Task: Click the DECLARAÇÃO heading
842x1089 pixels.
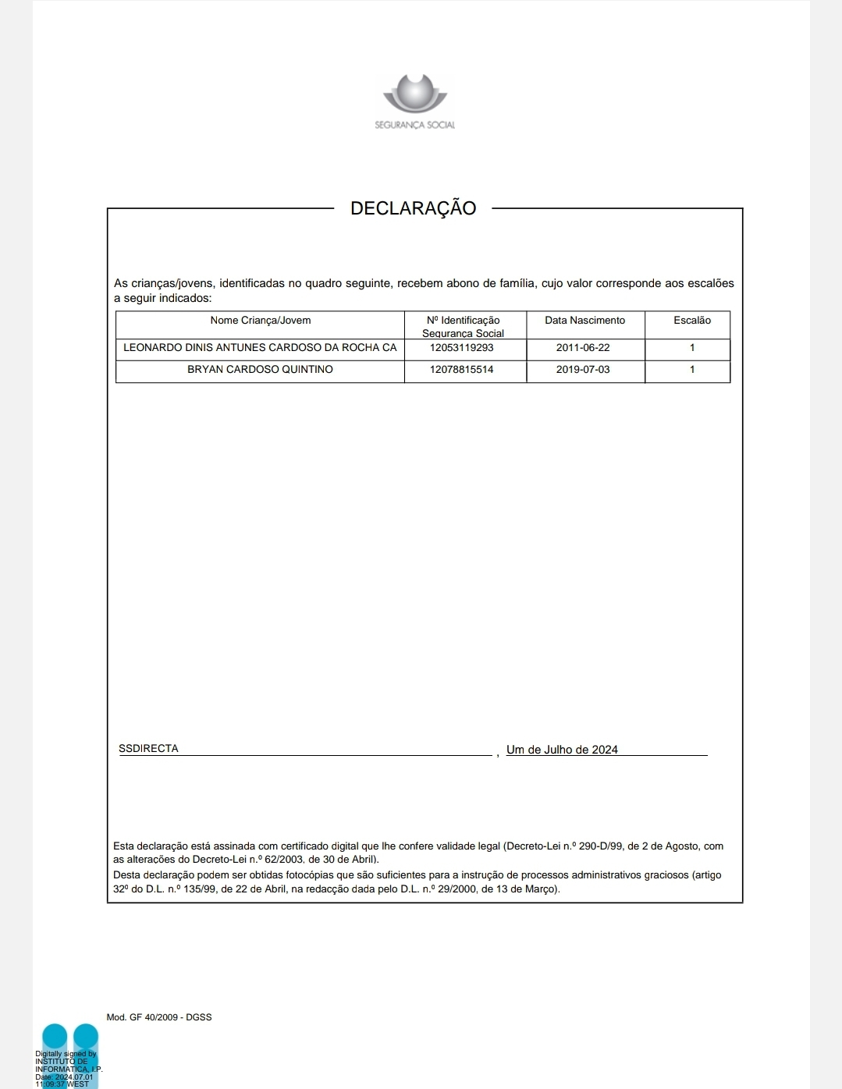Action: coord(413,208)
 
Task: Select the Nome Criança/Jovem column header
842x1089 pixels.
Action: coord(260,321)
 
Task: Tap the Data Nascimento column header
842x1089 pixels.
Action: coord(584,321)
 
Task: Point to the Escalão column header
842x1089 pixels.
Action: coord(691,321)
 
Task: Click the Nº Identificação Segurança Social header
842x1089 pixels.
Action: coord(463,326)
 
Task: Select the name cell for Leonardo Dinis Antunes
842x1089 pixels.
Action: coord(260,348)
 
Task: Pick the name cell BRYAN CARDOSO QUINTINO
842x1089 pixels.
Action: coord(260,370)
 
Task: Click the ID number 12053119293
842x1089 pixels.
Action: coord(461,348)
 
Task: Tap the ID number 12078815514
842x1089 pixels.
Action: coord(461,370)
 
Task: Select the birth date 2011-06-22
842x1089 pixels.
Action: coord(583,348)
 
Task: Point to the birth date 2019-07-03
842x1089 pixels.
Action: coord(583,370)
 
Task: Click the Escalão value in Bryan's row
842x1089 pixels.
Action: coord(691,370)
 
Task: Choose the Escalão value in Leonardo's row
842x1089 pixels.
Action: coord(691,348)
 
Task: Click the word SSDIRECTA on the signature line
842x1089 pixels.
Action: coord(148,749)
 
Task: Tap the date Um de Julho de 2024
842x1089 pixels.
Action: coord(562,750)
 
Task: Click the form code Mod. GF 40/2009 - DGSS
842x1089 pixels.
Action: coord(159,1017)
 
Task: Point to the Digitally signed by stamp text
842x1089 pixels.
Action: coord(66,1054)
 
